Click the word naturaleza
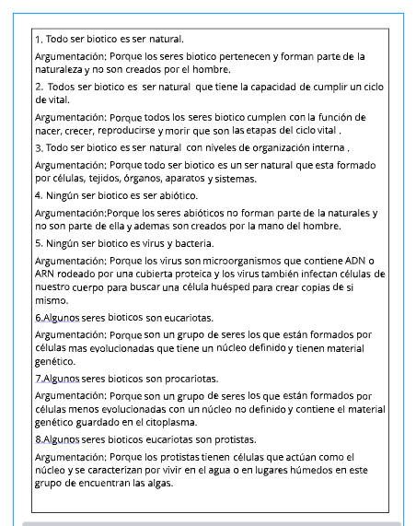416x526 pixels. pyautogui.click(x=58, y=69)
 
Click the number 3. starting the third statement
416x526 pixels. pyautogui.click(x=39, y=147)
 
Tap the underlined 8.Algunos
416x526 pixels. pyautogui.click(x=57, y=439)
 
